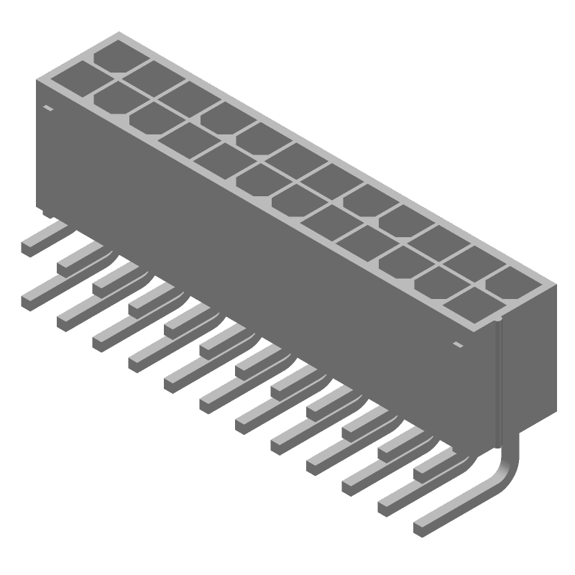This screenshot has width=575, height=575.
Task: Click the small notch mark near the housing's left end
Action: click(48, 109)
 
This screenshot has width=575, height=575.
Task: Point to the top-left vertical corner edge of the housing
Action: click(37, 144)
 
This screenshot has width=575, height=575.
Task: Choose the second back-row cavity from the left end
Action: click(152, 76)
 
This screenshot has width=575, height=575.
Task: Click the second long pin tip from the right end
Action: click(385, 507)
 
